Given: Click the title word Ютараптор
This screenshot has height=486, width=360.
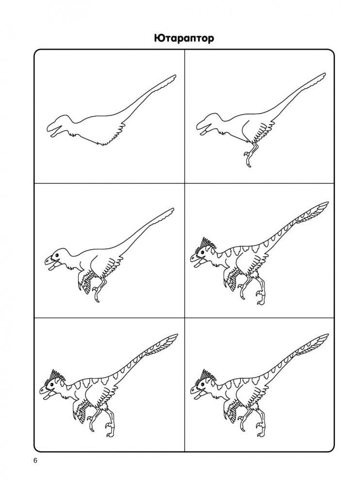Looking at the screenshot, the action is (x=184, y=38).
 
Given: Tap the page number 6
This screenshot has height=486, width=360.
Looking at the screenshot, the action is (x=35, y=461).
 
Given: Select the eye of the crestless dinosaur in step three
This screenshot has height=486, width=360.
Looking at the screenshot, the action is (x=57, y=255).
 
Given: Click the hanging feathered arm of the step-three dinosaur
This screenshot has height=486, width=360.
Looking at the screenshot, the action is (x=85, y=283).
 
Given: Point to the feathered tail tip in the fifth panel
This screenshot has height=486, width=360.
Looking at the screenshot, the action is (x=172, y=338).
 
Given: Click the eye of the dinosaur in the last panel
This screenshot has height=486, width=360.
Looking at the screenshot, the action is (x=202, y=386).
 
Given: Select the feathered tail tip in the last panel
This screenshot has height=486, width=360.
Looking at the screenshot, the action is (x=322, y=338).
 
